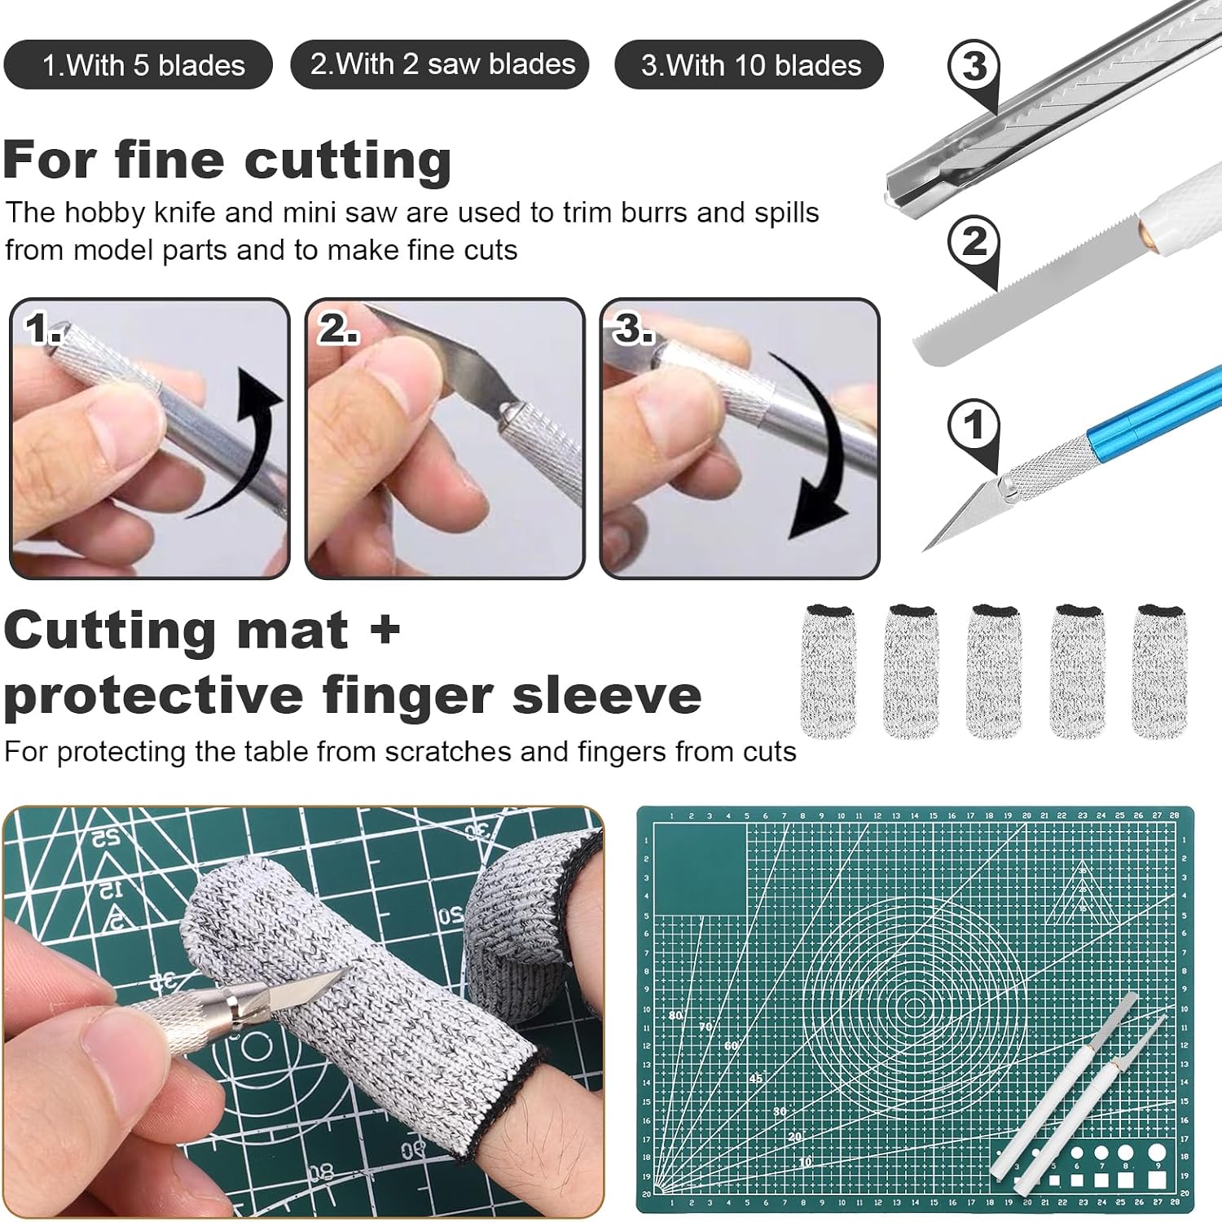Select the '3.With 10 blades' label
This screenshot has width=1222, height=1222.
[750, 65]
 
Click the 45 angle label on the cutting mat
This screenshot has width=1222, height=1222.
[756, 1079]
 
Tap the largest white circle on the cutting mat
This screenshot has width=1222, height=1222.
[1156, 1153]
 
